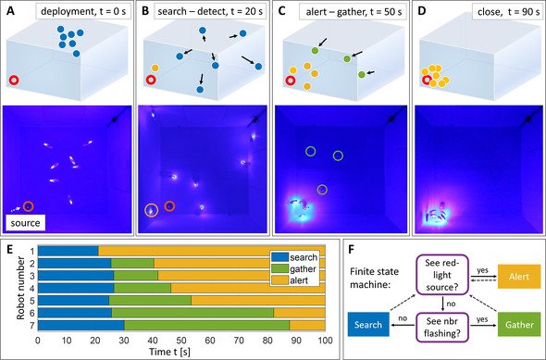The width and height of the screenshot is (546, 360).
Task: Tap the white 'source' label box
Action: tap(25, 223)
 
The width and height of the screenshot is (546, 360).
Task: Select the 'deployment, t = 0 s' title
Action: tap(83, 12)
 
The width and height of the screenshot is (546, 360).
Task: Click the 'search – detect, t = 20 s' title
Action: tap(210, 12)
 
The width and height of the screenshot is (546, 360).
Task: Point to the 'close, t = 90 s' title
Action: tap(503, 12)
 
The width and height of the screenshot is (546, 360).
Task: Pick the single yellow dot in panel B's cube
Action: tap(155, 68)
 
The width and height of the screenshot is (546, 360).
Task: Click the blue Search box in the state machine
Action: tap(368, 325)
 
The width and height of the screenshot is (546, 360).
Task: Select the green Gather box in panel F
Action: tap(519, 325)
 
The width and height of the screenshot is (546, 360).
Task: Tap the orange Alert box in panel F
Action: tap(519, 277)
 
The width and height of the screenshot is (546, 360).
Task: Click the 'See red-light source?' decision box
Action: tap(442, 276)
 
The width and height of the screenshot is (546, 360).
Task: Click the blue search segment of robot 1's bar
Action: tap(68, 251)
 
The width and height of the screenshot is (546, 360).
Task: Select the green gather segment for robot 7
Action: tap(207, 326)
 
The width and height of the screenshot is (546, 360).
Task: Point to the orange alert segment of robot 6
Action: tap(300, 313)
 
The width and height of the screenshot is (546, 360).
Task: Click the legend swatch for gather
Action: tap(279, 268)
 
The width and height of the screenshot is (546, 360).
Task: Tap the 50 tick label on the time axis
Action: tap(181, 341)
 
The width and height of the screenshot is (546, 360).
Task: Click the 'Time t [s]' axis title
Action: tap(170, 352)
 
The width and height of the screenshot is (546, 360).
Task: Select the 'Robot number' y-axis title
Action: tap(21, 288)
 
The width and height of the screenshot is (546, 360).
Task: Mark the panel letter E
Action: tap(10, 249)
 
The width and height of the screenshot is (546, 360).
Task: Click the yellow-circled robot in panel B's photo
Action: tap(151, 210)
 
